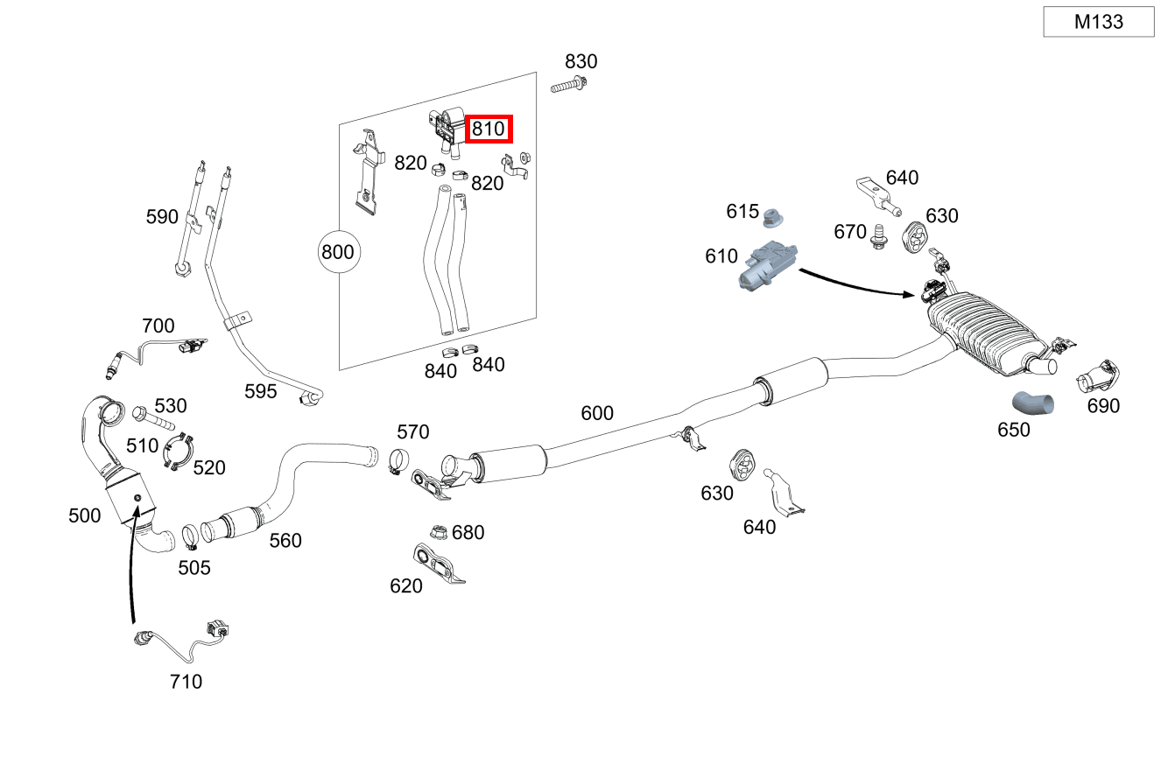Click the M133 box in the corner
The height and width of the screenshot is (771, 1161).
pyautogui.click(x=1099, y=22)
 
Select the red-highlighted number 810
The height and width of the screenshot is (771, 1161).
pyautogui.click(x=488, y=130)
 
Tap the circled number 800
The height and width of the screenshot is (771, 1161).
pyautogui.click(x=337, y=252)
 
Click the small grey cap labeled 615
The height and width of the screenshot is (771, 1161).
pyautogui.click(x=773, y=216)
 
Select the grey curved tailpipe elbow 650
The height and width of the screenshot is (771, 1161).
pyautogui.click(x=1033, y=403)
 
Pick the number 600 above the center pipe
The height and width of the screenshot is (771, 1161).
pyautogui.click(x=597, y=412)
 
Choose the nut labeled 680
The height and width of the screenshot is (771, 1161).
pyautogui.click(x=437, y=531)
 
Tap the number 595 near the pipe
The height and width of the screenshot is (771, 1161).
pyautogui.click(x=260, y=391)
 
